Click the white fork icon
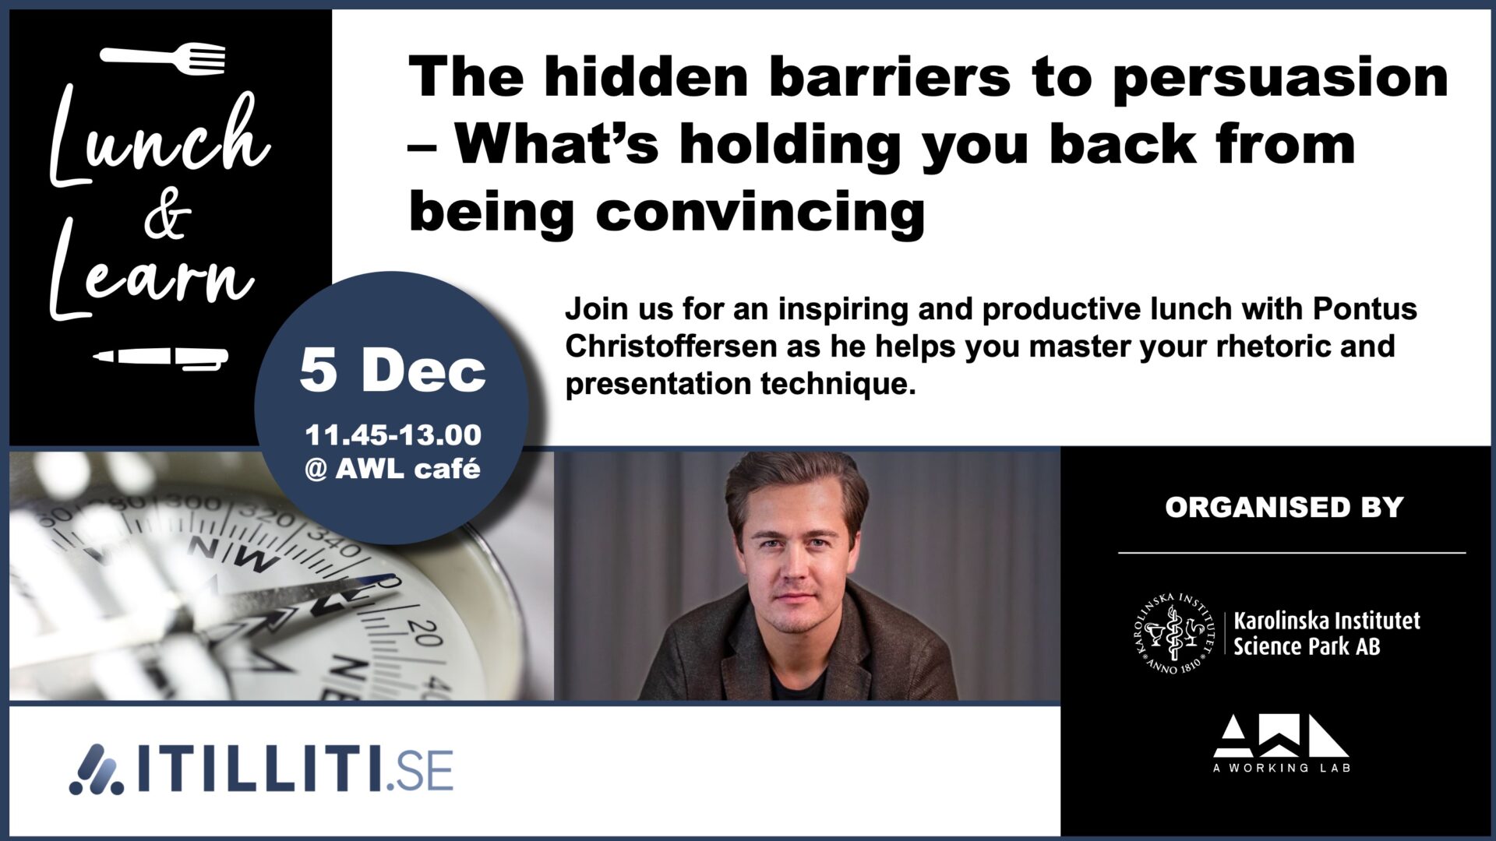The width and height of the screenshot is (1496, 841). [x=163, y=58]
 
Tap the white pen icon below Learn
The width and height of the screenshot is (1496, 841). [x=161, y=358]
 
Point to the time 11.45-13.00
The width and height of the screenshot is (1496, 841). [x=393, y=435]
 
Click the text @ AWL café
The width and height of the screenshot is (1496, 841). [x=393, y=469]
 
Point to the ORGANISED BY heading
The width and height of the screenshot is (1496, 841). [x=1284, y=508]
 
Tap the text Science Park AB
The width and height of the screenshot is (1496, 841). [x=1307, y=646]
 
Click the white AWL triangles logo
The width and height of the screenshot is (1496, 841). [x=1281, y=736]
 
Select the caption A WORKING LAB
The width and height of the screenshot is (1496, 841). [x=1282, y=768]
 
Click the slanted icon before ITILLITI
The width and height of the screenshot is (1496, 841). [x=97, y=769]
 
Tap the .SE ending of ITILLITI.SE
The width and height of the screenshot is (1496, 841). [x=421, y=772]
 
